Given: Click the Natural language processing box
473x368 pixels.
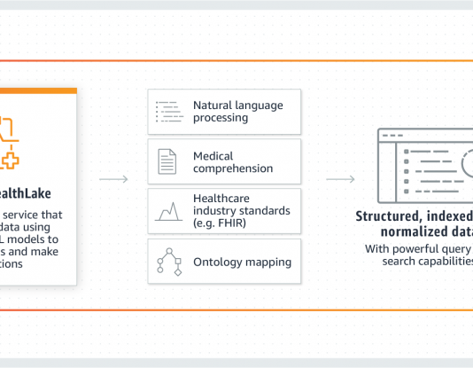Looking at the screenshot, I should (x=224, y=111).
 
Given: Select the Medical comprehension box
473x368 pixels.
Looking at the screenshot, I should (x=224, y=161).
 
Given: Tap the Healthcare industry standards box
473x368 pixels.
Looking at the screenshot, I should (x=224, y=211).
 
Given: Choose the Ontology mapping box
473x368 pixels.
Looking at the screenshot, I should (x=224, y=262).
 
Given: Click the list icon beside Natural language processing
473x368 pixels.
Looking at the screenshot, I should (x=167, y=112).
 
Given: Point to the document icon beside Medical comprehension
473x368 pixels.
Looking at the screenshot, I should (x=167, y=161).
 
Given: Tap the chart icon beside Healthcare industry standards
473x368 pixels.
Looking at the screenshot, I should (x=167, y=212).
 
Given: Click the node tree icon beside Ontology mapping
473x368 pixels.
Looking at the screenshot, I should (x=167, y=262).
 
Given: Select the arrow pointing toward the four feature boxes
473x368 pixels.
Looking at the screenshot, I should (x=112, y=180).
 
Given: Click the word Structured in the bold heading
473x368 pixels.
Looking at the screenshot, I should (x=388, y=216).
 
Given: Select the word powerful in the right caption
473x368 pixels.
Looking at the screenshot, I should (x=419, y=248).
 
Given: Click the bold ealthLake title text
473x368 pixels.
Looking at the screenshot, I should (x=26, y=193).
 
